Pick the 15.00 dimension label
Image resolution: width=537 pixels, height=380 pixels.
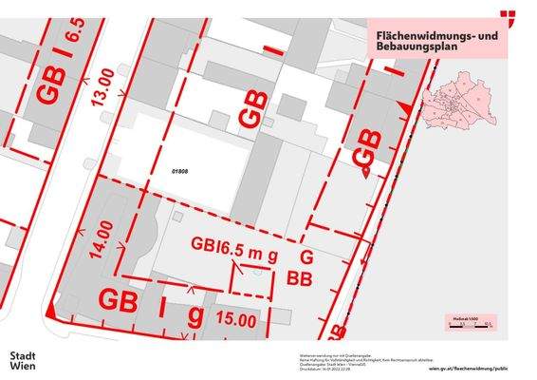point(235,321)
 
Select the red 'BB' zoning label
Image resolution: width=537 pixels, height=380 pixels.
point(300,279)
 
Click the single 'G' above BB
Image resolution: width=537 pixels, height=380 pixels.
point(306,258)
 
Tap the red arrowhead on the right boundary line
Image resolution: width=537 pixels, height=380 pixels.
point(405,112)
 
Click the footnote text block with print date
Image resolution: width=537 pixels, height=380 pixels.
point(331,360)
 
